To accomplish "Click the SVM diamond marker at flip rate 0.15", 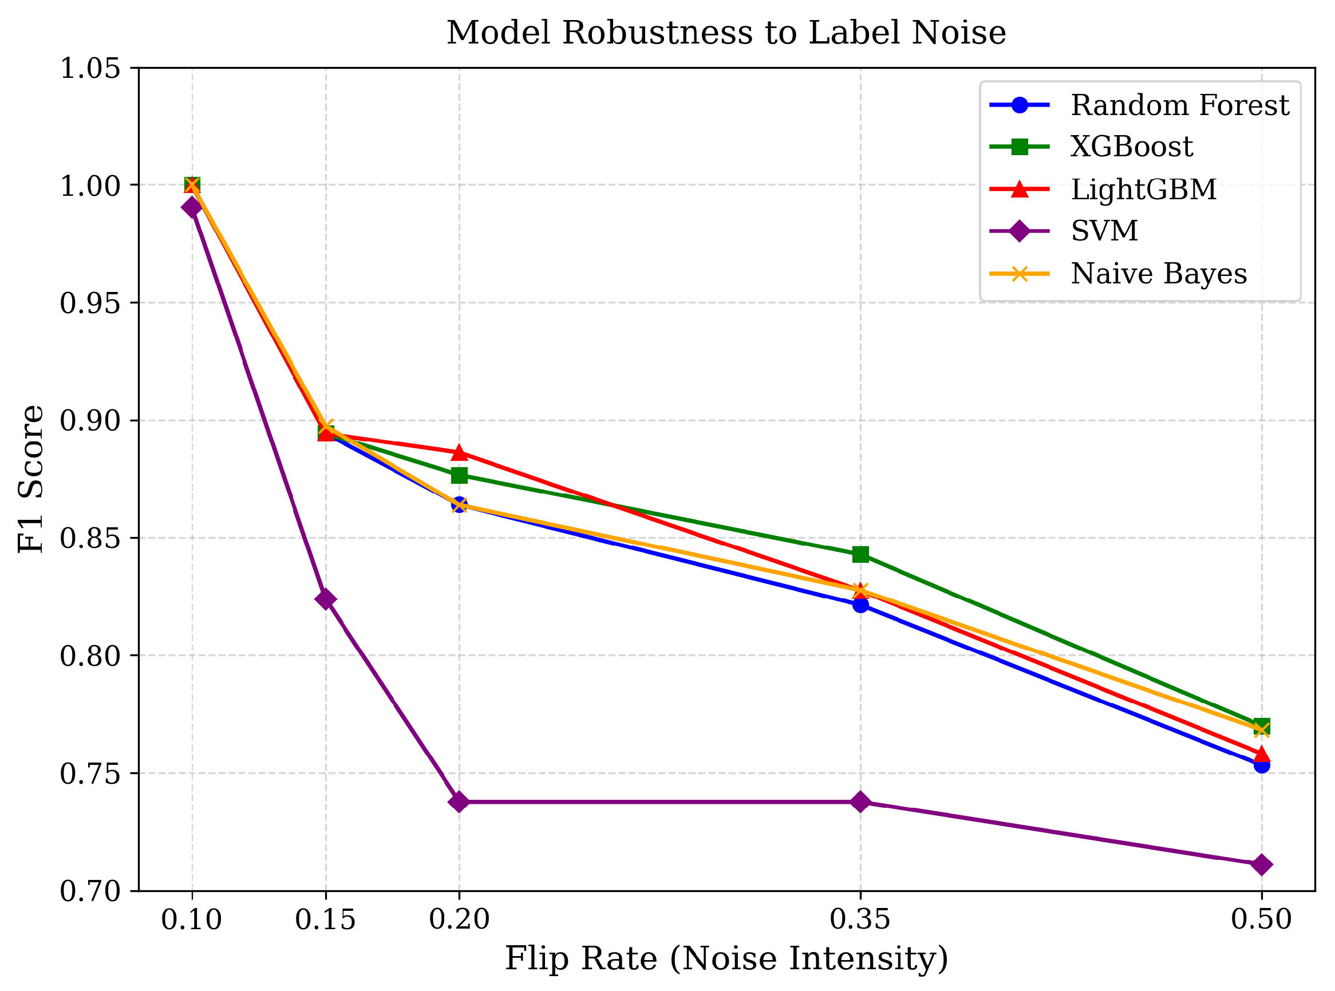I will pyautogui.click(x=326, y=599).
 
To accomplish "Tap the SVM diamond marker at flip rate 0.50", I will pyautogui.click(x=1261, y=864).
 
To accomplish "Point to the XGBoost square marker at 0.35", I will pyautogui.click(x=860, y=554).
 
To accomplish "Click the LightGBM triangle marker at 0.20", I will pyautogui.click(x=459, y=452).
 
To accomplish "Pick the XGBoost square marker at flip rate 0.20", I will pyautogui.click(x=459, y=475).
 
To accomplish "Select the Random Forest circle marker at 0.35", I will pyautogui.click(x=860, y=605).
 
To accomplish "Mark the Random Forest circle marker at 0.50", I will pyautogui.click(x=1261, y=765).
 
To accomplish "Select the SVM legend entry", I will pyautogui.click(x=1104, y=231).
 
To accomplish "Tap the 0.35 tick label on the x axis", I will pyautogui.click(x=860, y=919).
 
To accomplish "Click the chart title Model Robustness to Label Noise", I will pyautogui.click(x=726, y=33).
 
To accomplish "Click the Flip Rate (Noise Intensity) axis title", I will pyautogui.click(x=726, y=958).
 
